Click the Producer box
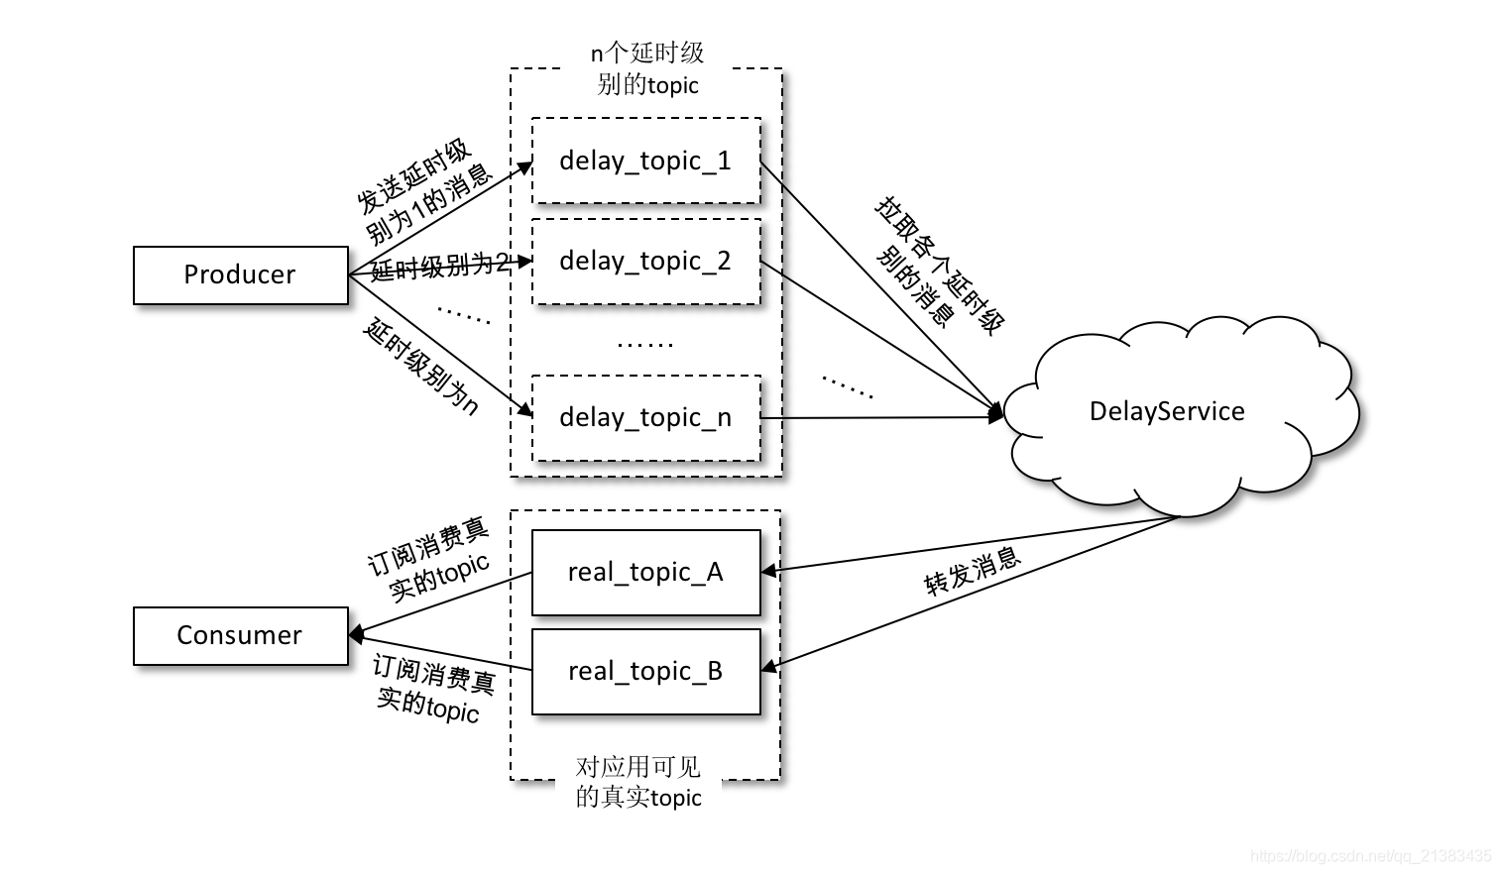(240, 274)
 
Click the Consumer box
(240, 635)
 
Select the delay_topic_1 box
(645, 161)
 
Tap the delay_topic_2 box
(645, 261)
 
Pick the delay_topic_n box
(645, 417)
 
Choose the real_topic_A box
(645, 572)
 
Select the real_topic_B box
(645, 671)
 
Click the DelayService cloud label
(1166, 411)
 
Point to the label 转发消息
(972, 571)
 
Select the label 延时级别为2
(440, 266)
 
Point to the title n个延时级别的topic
(647, 68)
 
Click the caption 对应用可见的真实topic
(638, 781)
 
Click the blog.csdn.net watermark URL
(1370, 855)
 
